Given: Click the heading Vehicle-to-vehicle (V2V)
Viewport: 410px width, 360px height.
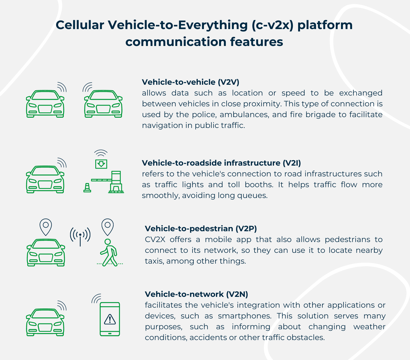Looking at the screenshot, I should click(x=190, y=82).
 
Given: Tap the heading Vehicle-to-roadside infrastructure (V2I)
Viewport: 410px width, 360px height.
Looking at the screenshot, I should click(x=221, y=163).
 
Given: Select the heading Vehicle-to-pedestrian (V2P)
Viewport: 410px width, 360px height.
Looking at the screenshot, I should click(x=201, y=228).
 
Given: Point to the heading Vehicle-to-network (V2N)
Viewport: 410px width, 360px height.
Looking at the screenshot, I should click(x=196, y=294).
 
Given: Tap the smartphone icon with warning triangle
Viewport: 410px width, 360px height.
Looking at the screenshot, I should click(x=110, y=319).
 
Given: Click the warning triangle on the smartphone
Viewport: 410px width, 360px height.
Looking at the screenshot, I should click(x=110, y=319).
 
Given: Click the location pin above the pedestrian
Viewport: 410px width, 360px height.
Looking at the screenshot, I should click(x=107, y=227).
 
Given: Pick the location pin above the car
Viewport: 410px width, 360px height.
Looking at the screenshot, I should click(x=46, y=227).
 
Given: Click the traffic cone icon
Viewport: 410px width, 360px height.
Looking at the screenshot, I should click(x=87, y=188).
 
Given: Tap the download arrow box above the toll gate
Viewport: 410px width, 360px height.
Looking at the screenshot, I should click(x=101, y=164).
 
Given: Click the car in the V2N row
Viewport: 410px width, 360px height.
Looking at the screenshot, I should click(x=45, y=322).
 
